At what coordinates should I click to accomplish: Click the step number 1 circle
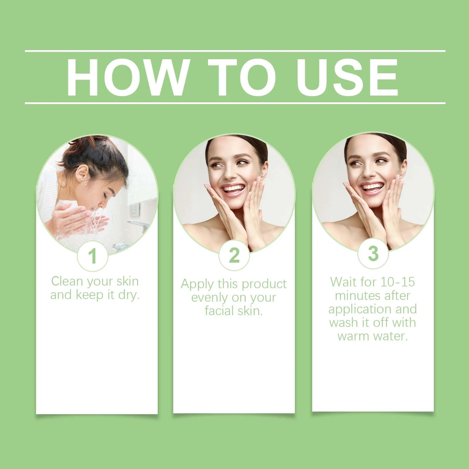pos(93,256)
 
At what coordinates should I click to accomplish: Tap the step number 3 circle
pos(373,254)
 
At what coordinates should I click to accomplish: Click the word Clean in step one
pos(67,281)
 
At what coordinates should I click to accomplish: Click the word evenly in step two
pos(210,298)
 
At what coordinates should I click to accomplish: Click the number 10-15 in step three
pos(398,282)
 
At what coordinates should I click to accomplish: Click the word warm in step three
pos(352,336)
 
